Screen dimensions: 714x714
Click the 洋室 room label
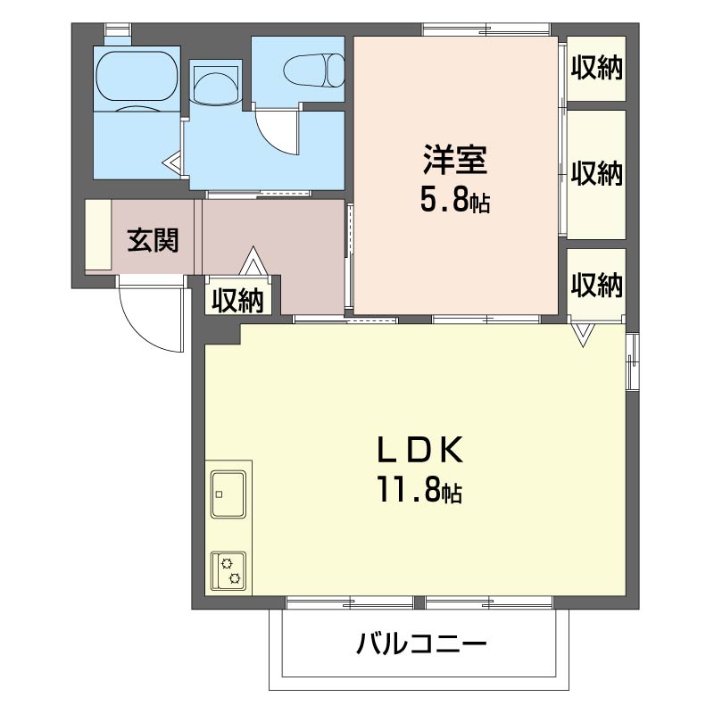(455, 160)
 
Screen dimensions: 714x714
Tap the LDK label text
(419, 450)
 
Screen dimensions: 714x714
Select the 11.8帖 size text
(419, 489)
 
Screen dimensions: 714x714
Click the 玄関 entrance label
(153, 240)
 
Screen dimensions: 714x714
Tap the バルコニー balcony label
(421, 643)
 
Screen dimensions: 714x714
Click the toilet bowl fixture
(314, 71)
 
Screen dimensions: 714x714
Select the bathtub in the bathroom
(137, 76)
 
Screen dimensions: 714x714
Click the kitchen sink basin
(228, 494)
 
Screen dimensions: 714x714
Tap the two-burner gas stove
(228, 570)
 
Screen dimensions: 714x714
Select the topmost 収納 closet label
(596, 68)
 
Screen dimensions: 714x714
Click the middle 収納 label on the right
(596, 173)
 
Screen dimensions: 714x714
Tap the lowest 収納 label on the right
(596, 285)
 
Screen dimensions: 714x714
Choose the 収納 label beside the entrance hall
(237, 301)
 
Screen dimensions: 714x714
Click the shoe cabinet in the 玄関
(98, 235)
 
